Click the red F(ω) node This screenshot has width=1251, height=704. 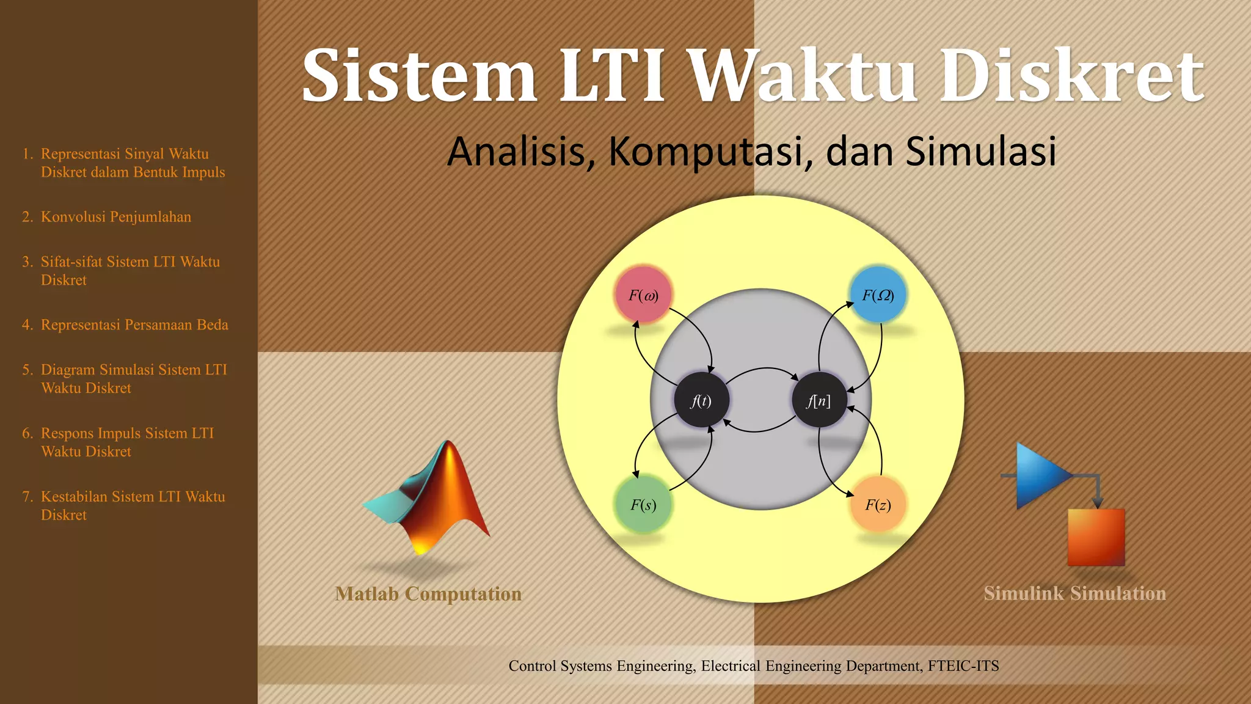click(x=643, y=296)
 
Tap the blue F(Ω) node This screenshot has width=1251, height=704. click(x=878, y=295)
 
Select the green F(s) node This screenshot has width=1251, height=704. click(x=643, y=505)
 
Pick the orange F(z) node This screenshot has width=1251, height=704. click(x=878, y=505)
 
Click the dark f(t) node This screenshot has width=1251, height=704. click(x=701, y=401)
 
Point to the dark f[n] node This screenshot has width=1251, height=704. click(x=819, y=401)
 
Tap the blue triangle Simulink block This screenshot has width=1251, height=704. click(x=1040, y=475)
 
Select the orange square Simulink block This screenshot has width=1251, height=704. click(x=1096, y=537)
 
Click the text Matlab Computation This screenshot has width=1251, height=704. click(x=428, y=594)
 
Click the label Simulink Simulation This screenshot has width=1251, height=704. click(x=1074, y=593)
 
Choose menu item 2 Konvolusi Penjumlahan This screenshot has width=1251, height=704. click(x=115, y=217)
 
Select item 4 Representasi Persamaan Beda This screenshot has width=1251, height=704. click(x=134, y=324)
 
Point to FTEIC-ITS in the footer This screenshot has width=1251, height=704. click(x=963, y=665)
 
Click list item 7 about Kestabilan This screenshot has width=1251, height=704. click(x=132, y=505)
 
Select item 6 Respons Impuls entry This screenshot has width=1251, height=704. click(x=126, y=442)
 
